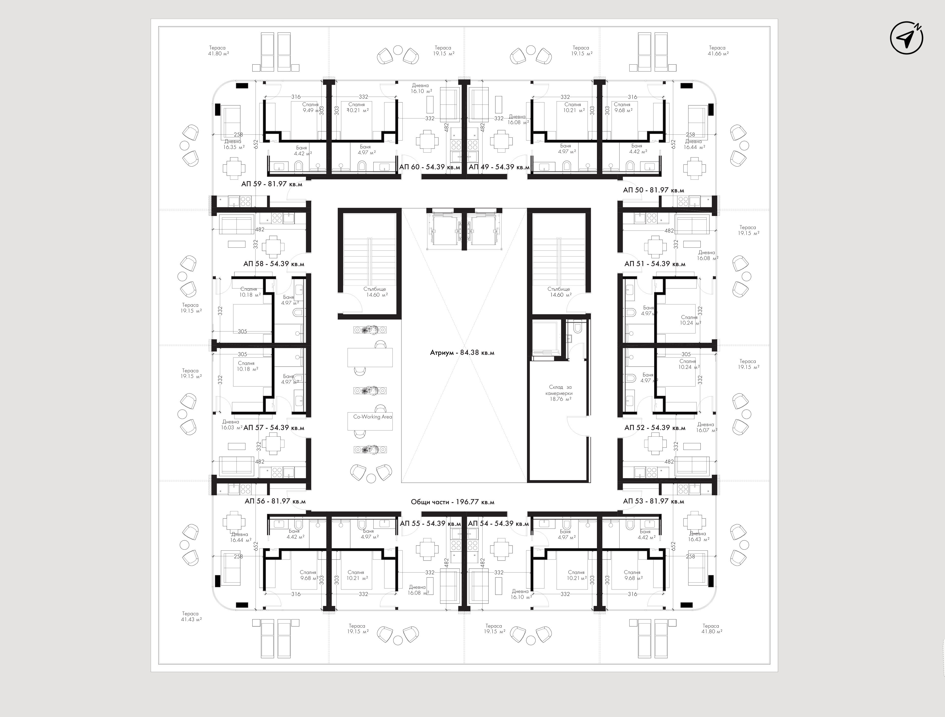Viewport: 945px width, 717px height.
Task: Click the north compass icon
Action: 906,38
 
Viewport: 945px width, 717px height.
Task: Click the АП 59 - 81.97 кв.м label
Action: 272,184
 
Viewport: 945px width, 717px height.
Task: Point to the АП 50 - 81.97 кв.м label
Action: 654,190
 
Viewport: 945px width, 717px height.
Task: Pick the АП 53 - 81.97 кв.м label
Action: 654,501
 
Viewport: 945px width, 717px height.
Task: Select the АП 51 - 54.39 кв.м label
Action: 655,264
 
